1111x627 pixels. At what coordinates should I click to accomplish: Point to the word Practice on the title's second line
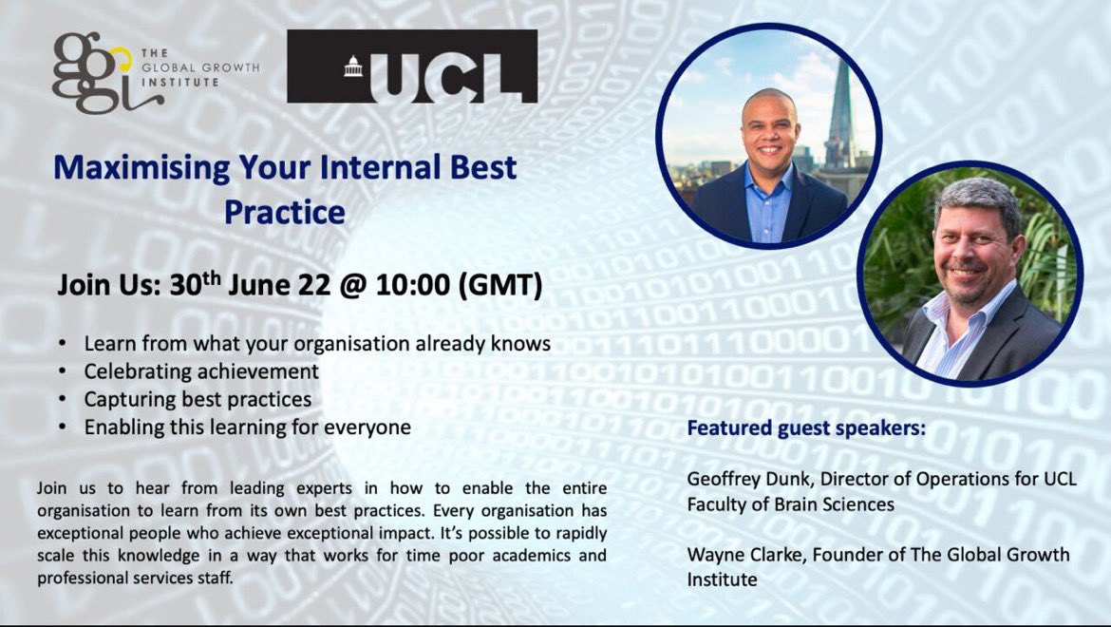pos(284,211)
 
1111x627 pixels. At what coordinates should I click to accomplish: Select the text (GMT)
pos(500,287)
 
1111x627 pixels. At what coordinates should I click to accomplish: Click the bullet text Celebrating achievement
pos(201,371)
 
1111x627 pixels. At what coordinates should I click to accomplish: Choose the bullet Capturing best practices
pos(198,399)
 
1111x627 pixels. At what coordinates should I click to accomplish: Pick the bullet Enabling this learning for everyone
pos(247,427)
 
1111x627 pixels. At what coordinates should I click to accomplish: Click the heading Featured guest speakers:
pos(806,428)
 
